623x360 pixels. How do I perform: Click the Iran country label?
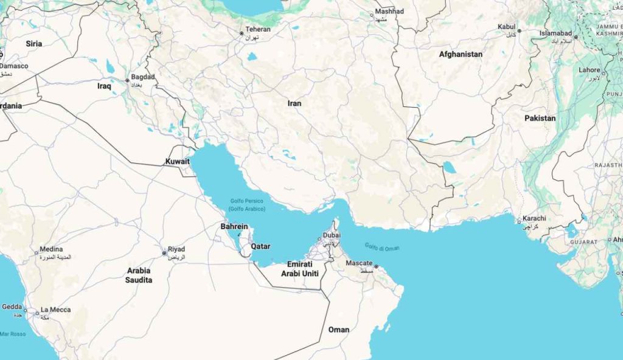click(294, 103)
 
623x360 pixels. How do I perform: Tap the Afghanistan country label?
click(461, 54)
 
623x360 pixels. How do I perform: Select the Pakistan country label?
click(540, 118)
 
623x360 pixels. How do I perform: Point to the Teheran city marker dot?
click(242, 33)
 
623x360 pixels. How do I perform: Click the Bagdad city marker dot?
click(127, 80)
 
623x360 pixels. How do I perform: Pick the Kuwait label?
click(177, 161)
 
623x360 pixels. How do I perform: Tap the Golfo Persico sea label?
click(245, 201)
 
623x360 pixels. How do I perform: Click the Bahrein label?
click(234, 227)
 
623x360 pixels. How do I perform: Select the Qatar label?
click(260, 246)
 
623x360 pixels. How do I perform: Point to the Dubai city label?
click(332, 235)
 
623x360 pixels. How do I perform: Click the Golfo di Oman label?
click(382, 247)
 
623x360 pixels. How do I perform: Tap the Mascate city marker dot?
click(377, 266)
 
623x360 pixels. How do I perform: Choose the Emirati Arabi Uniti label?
click(299, 269)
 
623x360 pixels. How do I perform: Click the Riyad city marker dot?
click(164, 253)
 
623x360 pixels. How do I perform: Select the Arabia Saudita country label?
click(139, 275)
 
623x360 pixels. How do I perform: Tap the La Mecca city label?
click(55, 310)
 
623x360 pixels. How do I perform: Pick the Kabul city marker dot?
click(519, 30)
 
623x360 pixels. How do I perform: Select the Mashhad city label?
click(389, 12)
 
